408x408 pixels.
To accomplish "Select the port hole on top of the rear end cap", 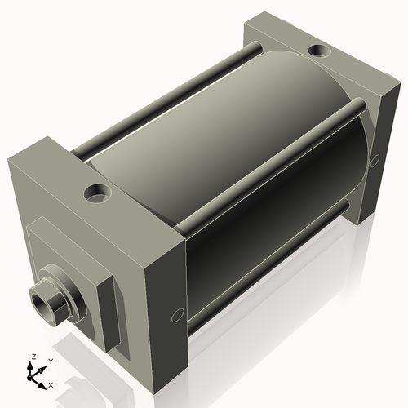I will [319, 53].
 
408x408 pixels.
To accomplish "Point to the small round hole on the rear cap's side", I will [376, 160].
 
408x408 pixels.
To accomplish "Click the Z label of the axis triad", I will [33, 357].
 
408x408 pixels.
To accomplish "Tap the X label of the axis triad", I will [51, 384].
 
